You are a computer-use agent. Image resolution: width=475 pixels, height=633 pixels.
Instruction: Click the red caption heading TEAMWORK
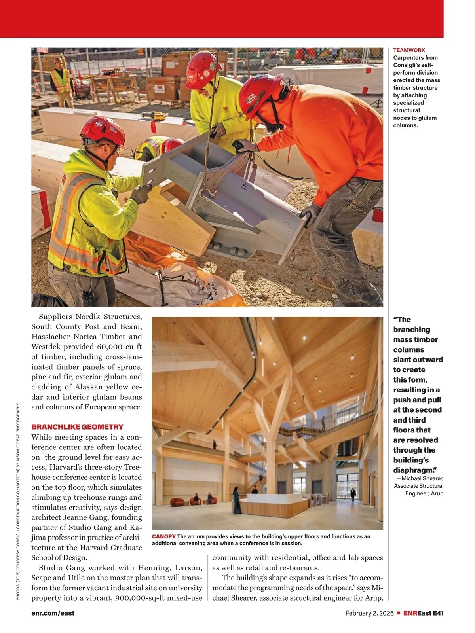tap(409, 50)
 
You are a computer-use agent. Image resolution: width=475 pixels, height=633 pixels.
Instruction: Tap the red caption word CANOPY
tap(163, 536)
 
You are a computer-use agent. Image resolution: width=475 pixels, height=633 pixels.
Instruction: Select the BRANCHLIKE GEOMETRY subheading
tap(77, 427)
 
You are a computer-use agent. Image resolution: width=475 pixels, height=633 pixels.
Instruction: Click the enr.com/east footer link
tap(53, 613)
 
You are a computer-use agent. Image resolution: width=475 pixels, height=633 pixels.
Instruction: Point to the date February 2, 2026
tap(369, 613)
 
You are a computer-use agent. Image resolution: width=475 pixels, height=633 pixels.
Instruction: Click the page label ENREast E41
tap(423, 613)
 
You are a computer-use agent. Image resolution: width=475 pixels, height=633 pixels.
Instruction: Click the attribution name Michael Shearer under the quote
tap(422, 478)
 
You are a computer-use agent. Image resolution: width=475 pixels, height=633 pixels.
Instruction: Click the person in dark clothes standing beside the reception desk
tap(236, 500)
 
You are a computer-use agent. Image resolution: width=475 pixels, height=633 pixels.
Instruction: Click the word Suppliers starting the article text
tap(55, 316)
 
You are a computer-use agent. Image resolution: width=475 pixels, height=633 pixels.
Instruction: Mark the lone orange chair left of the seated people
tap(177, 502)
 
